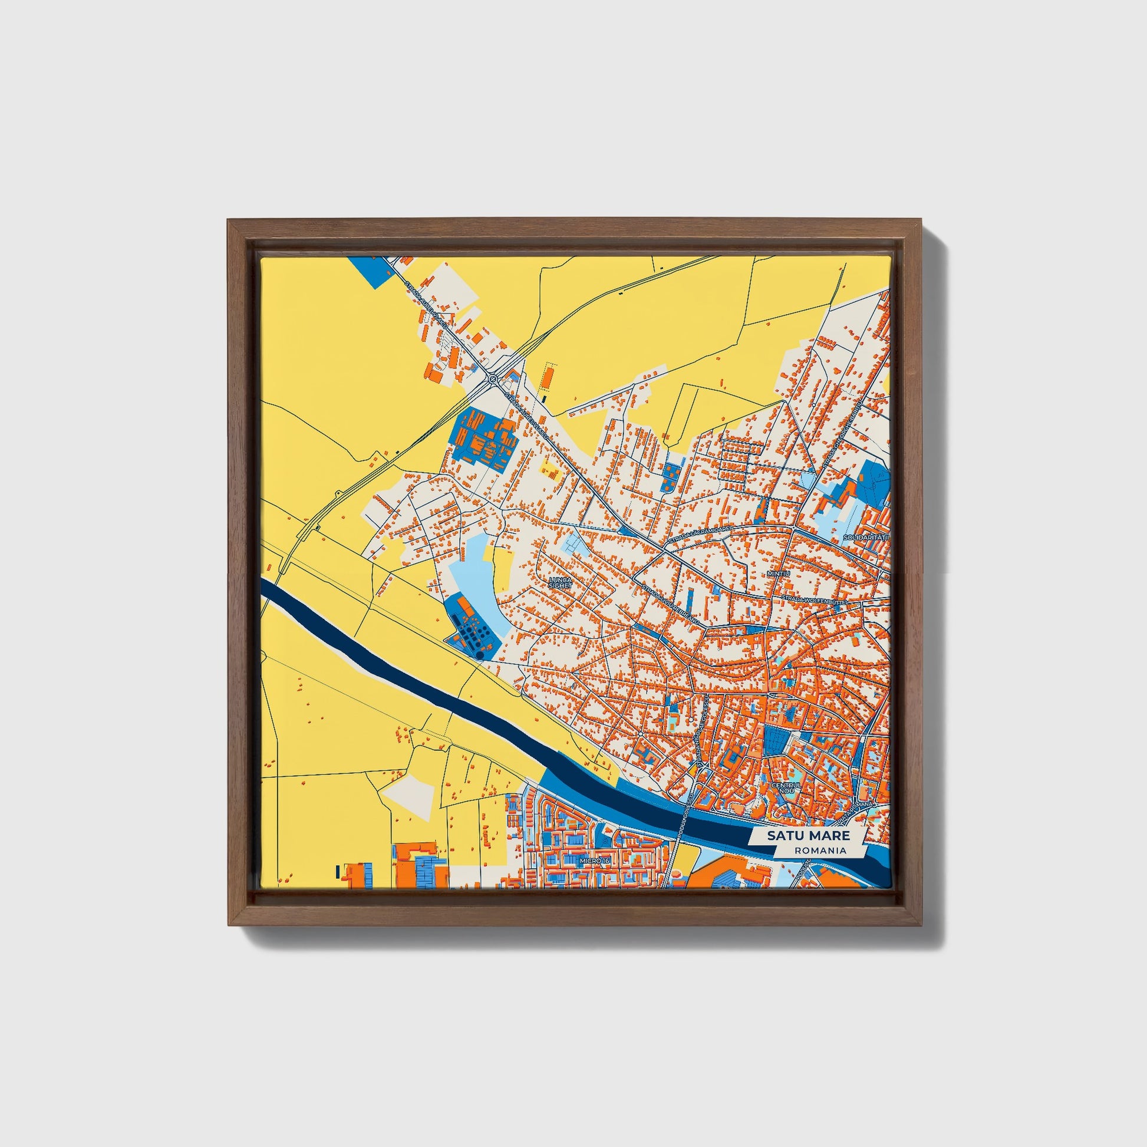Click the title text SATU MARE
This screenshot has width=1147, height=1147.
coord(807,835)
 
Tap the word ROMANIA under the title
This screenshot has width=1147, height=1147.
coord(822,850)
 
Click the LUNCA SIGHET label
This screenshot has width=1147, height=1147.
coord(561,582)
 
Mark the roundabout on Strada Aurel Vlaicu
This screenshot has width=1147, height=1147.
coord(493,378)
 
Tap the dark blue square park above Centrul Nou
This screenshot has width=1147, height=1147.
coord(775,740)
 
